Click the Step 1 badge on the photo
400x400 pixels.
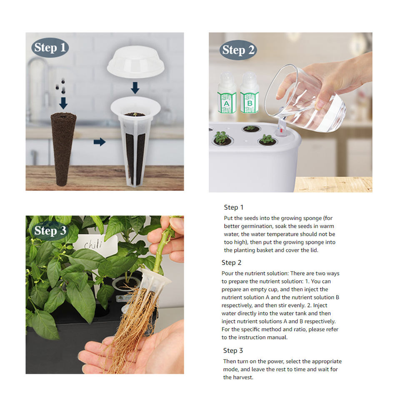pyautogui.click(x=50, y=47)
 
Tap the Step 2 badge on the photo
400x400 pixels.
pyautogui.click(x=238, y=50)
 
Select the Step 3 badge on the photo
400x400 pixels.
pyautogui.click(x=50, y=230)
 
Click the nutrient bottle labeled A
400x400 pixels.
pyautogui.click(x=227, y=93)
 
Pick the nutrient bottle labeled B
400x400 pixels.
pyautogui.click(x=249, y=92)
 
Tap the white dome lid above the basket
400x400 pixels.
pyautogui.click(x=136, y=62)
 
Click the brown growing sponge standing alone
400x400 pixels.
pyautogui.click(x=63, y=149)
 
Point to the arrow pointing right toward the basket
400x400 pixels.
pyautogui.click(x=100, y=142)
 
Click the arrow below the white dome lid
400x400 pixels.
pyautogui.click(x=135, y=88)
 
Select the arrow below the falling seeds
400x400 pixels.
pyautogui.click(x=63, y=103)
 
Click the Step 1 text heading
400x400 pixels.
pyautogui.click(x=234, y=207)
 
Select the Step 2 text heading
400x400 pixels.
pyautogui.click(x=231, y=262)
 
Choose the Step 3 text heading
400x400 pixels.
pyautogui.click(x=233, y=350)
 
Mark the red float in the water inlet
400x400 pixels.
pyautogui.click(x=281, y=130)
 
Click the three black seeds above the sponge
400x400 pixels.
pyautogui.click(x=61, y=87)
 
